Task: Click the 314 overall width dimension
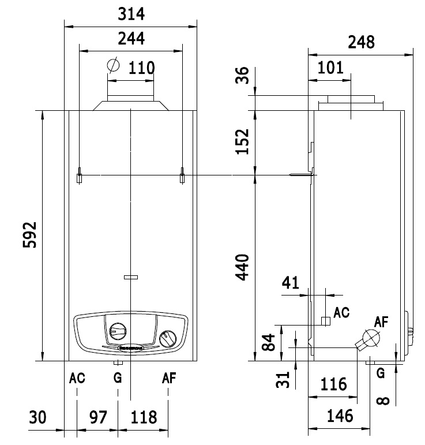tap(131, 13)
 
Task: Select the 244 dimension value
tap(131, 39)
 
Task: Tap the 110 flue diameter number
tap(141, 68)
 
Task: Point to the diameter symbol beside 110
tap(114, 65)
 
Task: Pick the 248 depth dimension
tap(361, 42)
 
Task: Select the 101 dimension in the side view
tap(330, 68)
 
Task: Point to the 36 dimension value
tap(243, 76)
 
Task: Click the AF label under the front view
tap(168, 379)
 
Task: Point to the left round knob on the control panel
tap(117, 331)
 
